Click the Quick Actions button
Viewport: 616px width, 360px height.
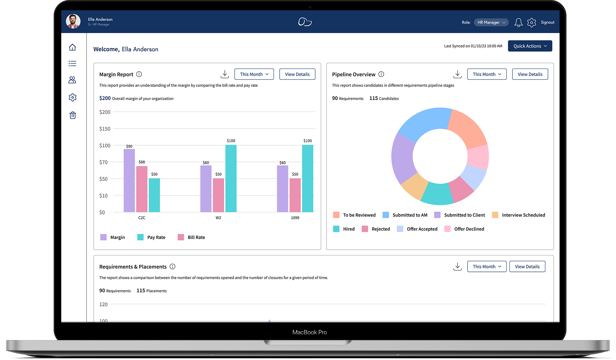pyautogui.click(x=530, y=46)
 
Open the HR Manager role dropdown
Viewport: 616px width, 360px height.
pyautogui.click(x=491, y=22)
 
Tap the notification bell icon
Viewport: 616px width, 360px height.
pyautogui.click(x=518, y=22)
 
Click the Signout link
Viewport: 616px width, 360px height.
pyautogui.click(x=547, y=22)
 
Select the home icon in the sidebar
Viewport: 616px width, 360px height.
pyautogui.click(x=72, y=47)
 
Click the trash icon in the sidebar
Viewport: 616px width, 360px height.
pyautogui.click(x=73, y=115)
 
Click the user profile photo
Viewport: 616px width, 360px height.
pyautogui.click(x=73, y=21)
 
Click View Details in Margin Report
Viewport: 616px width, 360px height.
pyautogui.click(x=297, y=74)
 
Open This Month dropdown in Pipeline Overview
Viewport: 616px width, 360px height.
pyautogui.click(x=486, y=74)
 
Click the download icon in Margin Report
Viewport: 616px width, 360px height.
pyautogui.click(x=225, y=74)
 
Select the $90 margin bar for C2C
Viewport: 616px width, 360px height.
pyautogui.click(x=129, y=180)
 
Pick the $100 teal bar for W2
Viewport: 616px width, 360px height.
pyautogui.click(x=231, y=178)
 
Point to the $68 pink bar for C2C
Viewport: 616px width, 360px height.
pyautogui.click(x=142, y=189)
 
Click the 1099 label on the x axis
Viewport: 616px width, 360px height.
pyautogui.click(x=295, y=218)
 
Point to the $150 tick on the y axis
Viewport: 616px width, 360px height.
pyautogui.click(x=105, y=129)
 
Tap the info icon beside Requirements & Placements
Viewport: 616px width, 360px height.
pyautogui.click(x=173, y=267)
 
